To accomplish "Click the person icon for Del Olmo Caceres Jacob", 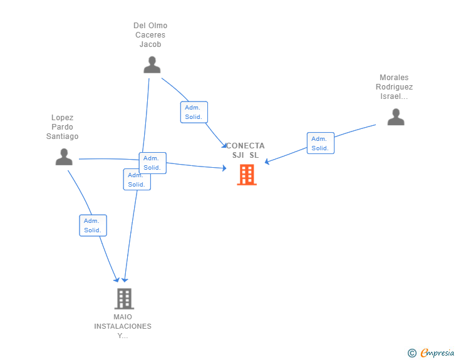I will (x=152, y=65).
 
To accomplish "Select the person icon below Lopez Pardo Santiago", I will (x=64, y=157).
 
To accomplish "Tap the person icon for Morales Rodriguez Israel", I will (x=395, y=117).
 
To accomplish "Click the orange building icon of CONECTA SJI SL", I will (x=247, y=175).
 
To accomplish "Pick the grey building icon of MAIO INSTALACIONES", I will (x=124, y=299).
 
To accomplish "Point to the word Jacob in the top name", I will (x=150, y=44).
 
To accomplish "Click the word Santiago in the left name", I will (x=63, y=136).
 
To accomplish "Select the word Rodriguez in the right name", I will (x=395, y=87).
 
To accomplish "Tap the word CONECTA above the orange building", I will (x=245, y=146).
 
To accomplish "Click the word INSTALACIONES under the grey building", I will (x=123, y=326).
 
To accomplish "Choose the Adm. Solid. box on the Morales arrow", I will (x=320, y=143).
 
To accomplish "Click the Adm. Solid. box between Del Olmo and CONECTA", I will (x=194, y=112).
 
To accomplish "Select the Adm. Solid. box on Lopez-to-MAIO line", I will (x=93, y=225).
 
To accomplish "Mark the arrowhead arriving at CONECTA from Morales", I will (x=267, y=162).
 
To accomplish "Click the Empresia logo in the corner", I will (x=437, y=353).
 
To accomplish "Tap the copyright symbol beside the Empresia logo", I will (x=412, y=353).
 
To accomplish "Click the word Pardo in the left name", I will (x=63, y=127).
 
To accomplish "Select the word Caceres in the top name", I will (x=150, y=35).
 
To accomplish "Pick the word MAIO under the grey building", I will (x=123, y=317).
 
